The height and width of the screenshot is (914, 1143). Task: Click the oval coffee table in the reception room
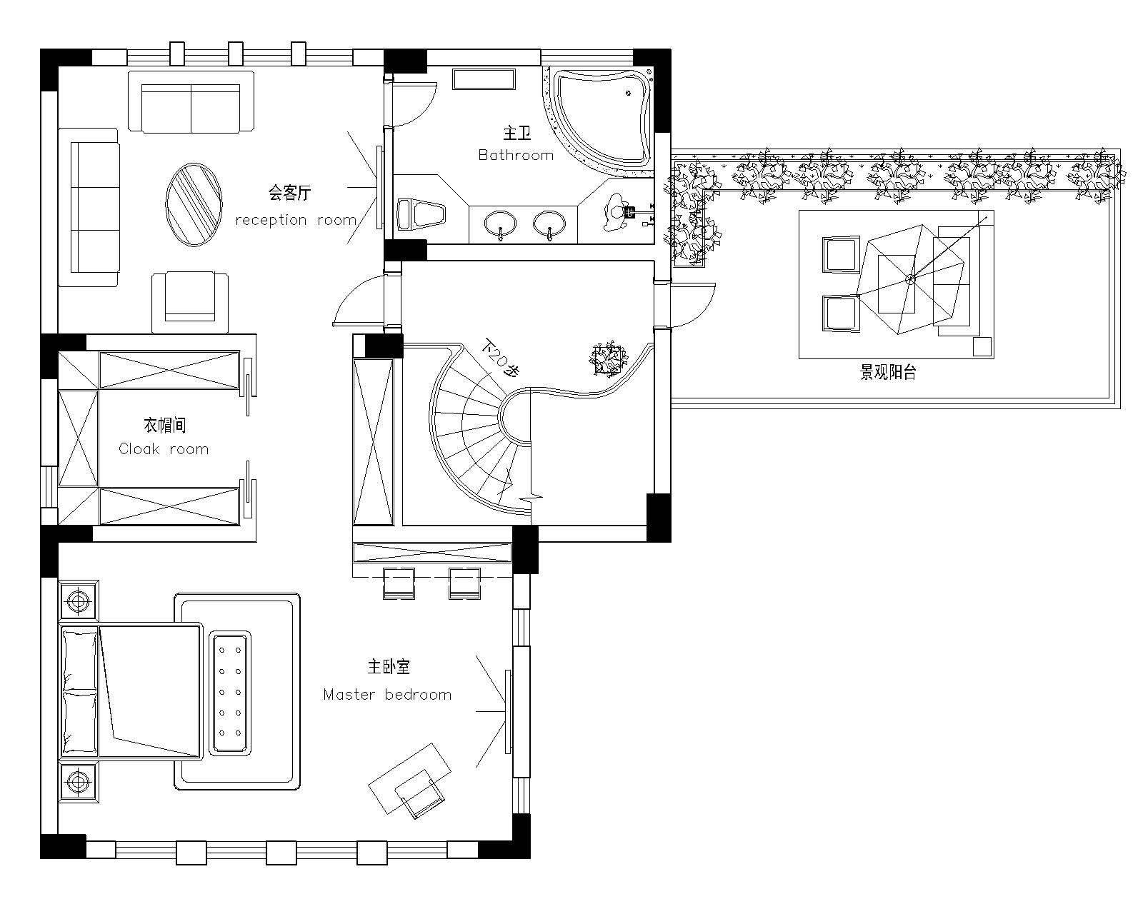coord(194,204)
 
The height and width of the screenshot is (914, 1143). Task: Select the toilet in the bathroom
coord(421,214)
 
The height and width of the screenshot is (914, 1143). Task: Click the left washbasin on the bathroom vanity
coord(500,225)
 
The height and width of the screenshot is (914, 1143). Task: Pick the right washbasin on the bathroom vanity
coord(549,225)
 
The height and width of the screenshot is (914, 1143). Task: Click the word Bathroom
coord(516,155)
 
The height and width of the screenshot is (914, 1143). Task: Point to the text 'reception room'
coord(296,220)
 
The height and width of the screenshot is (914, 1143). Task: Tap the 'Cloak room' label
coord(164,448)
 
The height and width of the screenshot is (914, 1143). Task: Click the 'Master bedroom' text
coord(387,694)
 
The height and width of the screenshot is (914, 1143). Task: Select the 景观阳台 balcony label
coord(888,372)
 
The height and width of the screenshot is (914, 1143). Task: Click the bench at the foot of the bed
coord(230,693)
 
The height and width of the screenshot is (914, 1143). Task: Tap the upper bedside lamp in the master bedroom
coord(79,601)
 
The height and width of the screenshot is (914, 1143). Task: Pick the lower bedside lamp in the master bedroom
coord(79,783)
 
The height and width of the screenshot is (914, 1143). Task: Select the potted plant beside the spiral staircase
coord(608,359)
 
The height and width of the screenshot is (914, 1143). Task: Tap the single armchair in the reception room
coord(190,303)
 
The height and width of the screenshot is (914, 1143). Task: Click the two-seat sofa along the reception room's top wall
coord(191,101)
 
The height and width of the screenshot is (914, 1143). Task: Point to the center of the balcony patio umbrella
coord(910,279)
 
